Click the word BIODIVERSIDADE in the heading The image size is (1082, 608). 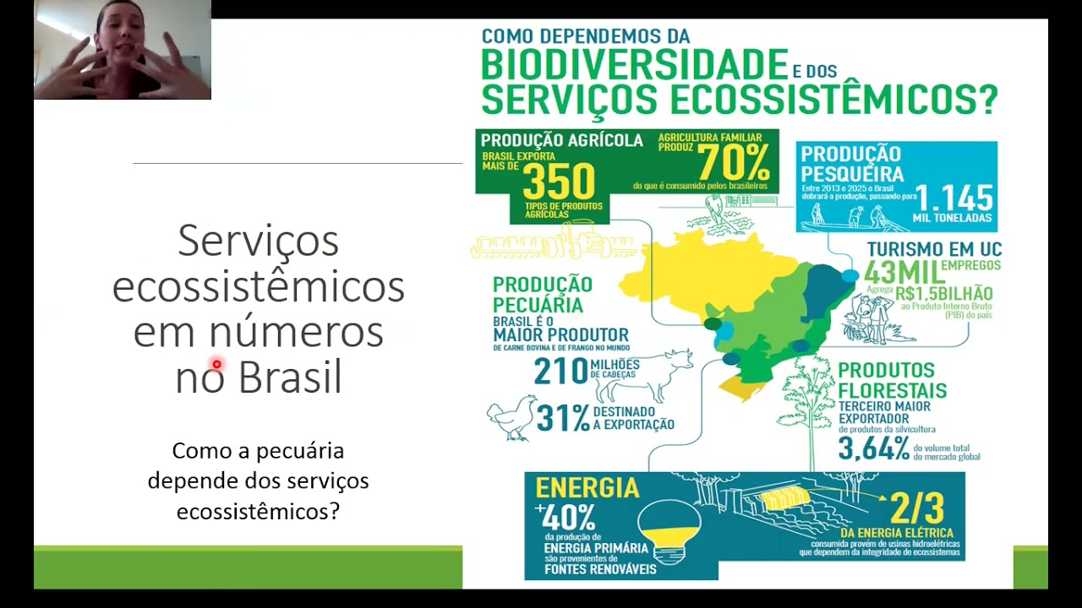(x=634, y=65)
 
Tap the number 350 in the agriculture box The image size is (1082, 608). (x=559, y=180)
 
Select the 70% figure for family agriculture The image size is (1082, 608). (x=734, y=160)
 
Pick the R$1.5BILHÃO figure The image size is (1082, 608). (x=943, y=294)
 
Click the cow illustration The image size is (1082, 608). (x=644, y=377)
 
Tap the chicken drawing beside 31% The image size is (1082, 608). (x=512, y=416)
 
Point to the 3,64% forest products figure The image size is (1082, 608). (x=873, y=448)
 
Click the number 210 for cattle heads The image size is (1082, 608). (x=560, y=371)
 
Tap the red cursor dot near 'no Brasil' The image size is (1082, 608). (x=216, y=365)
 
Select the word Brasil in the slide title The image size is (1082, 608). (x=289, y=377)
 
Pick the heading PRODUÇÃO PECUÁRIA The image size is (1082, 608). (x=543, y=294)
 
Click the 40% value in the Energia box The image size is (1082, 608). (x=569, y=516)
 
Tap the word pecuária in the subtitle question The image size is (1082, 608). (x=302, y=451)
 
